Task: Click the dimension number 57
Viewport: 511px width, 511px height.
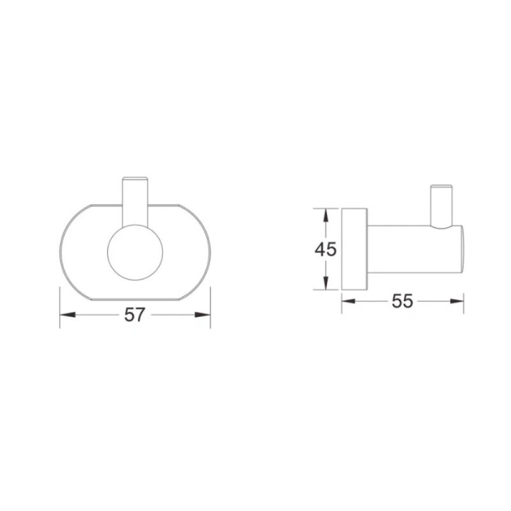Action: tap(134, 315)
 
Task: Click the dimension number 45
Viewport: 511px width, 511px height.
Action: tap(325, 250)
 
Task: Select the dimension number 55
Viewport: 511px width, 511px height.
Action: tap(402, 301)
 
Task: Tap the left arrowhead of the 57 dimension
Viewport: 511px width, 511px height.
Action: tap(68, 315)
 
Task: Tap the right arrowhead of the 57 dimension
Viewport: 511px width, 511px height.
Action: tap(202, 315)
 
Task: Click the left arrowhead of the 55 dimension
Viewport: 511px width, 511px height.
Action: tap(349, 301)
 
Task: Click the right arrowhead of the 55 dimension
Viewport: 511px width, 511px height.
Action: tap(457, 301)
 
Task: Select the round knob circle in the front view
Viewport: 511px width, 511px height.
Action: tap(135, 224)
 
